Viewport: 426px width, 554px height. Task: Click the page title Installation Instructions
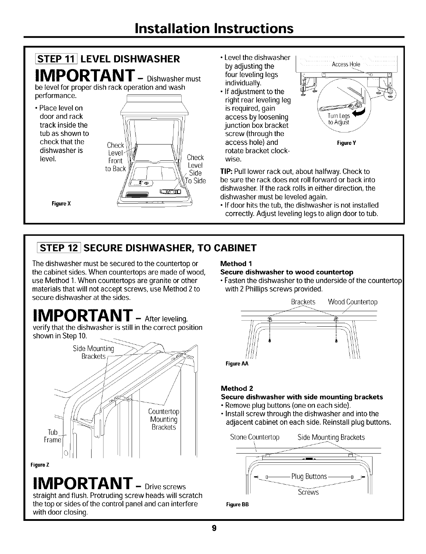click(213, 28)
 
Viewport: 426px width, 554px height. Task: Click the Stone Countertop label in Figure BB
click(255, 437)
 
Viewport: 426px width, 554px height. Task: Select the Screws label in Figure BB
click(308, 492)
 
